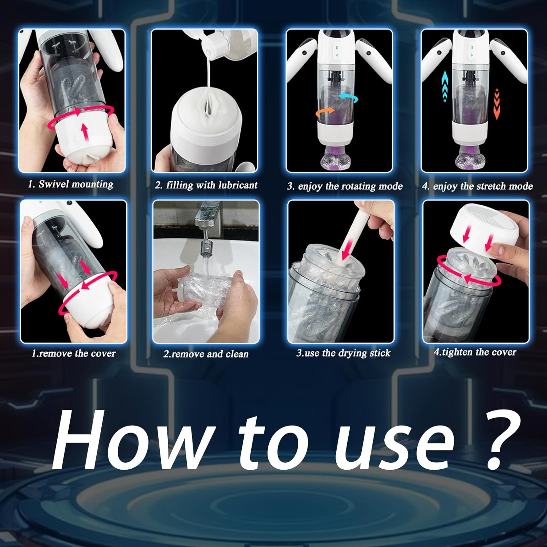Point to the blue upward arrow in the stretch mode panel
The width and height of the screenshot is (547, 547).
[x=445, y=86]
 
